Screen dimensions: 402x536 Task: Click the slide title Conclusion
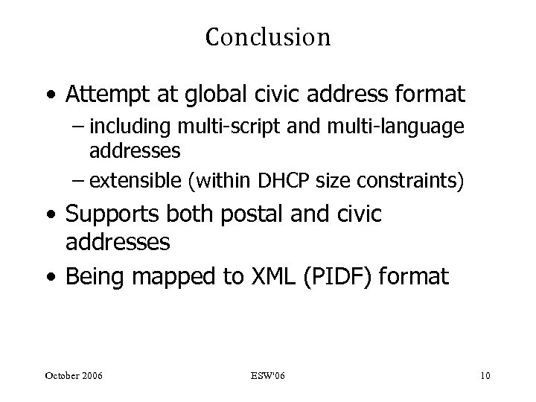click(267, 36)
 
